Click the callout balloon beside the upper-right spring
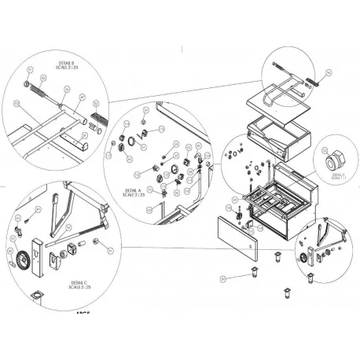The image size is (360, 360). click(329, 72)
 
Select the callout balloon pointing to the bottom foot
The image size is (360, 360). click(223, 277)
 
